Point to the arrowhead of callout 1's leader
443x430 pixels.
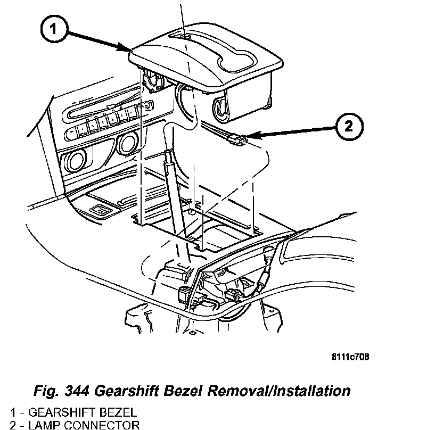[x=130, y=51]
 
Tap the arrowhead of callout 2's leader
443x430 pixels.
[x=249, y=138]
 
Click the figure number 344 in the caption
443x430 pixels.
[x=75, y=391]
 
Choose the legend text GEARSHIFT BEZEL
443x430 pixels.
[x=83, y=412]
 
